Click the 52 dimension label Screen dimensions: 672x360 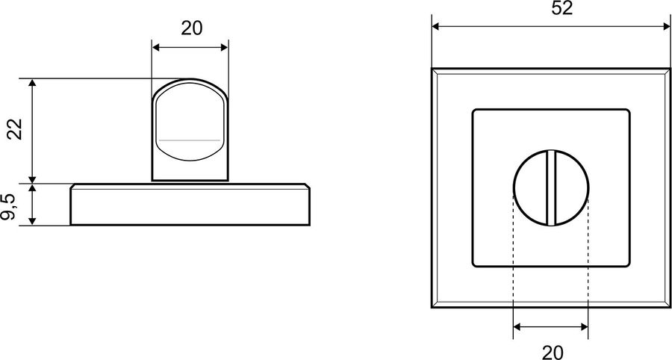pyautogui.click(x=561, y=8)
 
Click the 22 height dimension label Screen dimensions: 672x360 pyautogui.click(x=15, y=129)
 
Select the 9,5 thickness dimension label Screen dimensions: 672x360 pyautogui.click(x=8, y=207)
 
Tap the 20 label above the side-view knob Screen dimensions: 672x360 pyautogui.click(x=192, y=28)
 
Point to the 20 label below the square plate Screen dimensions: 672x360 pyautogui.click(x=553, y=353)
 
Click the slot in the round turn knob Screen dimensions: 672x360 pyautogui.click(x=551, y=187)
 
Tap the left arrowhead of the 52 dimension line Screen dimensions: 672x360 pyautogui.click(x=436, y=27)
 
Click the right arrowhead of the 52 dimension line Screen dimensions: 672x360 pyautogui.click(x=667, y=27)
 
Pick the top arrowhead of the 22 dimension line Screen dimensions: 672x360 pyautogui.click(x=32, y=83)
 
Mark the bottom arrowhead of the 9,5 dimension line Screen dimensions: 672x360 pyautogui.click(x=32, y=221)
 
